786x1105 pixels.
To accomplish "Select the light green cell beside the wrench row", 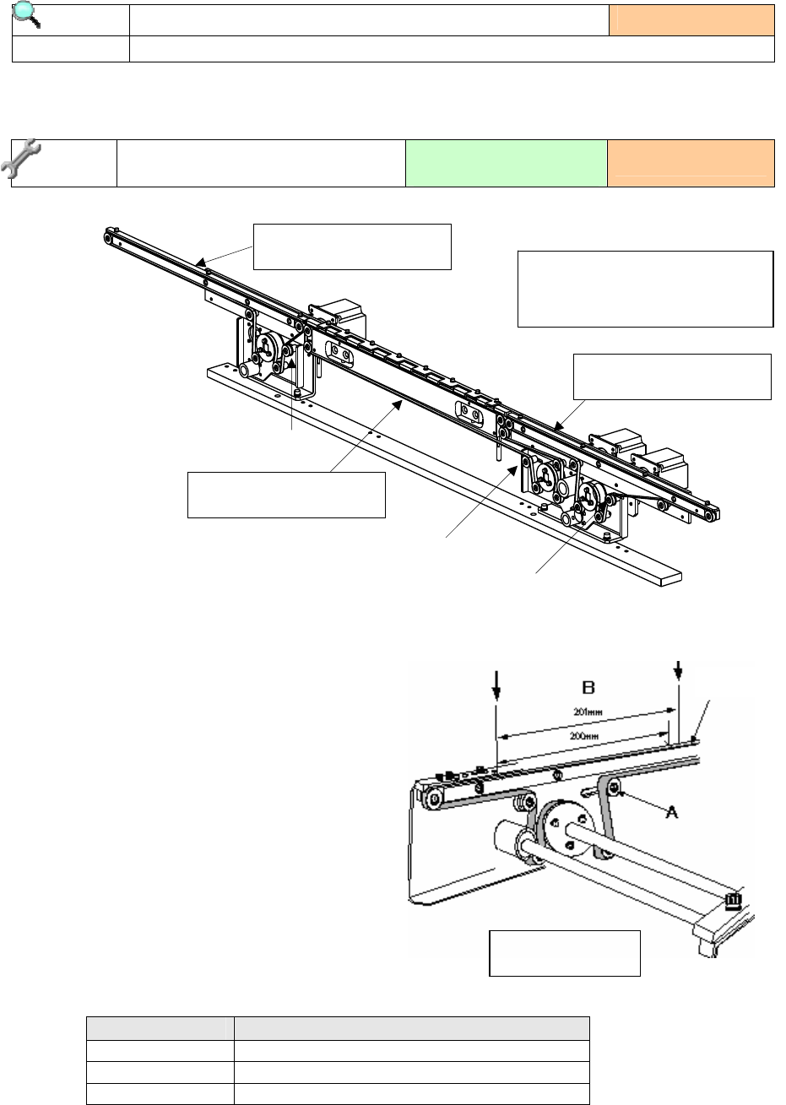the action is pyautogui.click(x=506, y=163).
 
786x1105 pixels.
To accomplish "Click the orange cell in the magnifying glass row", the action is pyautogui.click(x=691, y=20).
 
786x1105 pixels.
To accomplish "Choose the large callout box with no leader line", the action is pyautogui.click(x=646, y=288).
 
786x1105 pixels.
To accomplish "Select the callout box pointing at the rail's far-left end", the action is pyautogui.click(x=352, y=246).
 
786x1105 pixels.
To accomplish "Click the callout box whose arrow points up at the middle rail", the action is pyautogui.click(x=286, y=495).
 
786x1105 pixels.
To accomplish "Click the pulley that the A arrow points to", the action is pyautogui.click(x=614, y=788).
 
